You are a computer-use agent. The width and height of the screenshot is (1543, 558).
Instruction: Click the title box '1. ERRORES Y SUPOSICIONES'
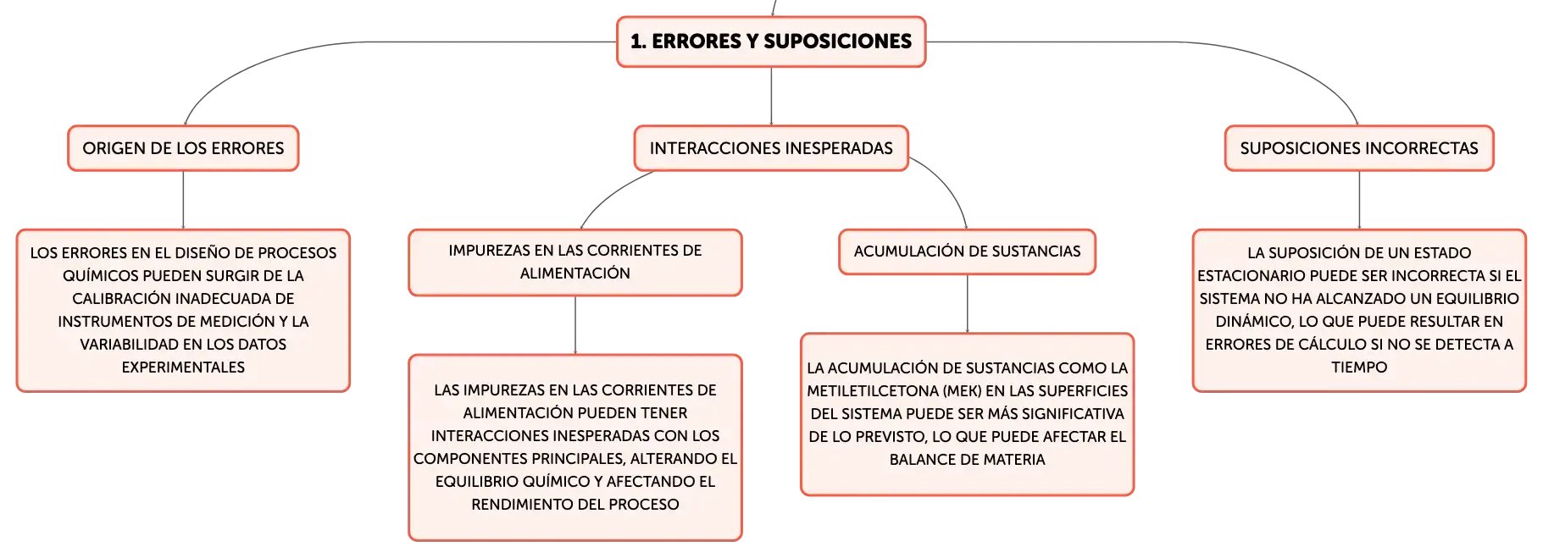(x=771, y=41)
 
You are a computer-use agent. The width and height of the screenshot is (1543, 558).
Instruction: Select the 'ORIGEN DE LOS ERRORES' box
(x=183, y=148)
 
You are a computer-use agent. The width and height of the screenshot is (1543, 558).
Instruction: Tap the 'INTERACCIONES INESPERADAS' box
(x=771, y=148)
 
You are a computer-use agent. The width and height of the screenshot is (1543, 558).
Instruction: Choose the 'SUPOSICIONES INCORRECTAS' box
(x=1359, y=148)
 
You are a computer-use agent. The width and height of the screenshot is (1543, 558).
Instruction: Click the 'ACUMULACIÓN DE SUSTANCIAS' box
(x=967, y=251)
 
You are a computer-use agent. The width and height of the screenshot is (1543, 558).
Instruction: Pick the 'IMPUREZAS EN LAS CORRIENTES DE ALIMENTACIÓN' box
(x=575, y=262)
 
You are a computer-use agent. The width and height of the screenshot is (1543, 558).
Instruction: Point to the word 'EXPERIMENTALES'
(x=183, y=367)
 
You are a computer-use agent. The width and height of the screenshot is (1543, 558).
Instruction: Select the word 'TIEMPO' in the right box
(x=1359, y=367)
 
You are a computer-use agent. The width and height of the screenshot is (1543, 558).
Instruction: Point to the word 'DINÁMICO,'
(x=1255, y=322)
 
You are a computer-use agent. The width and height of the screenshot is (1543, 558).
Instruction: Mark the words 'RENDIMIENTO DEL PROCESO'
(x=575, y=505)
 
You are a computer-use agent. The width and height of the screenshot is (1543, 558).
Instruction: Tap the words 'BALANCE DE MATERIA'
(x=967, y=460)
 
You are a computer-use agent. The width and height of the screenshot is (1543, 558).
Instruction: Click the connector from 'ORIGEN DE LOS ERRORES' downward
(x=183, y=200)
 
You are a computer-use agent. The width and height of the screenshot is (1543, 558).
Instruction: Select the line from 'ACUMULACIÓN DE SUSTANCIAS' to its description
(x=967, y=304)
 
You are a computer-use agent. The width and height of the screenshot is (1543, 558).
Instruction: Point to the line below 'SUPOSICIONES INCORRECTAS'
(x=1359, y=200)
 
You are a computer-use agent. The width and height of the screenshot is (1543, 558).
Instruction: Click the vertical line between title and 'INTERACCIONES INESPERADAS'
(x=771, y=96)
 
